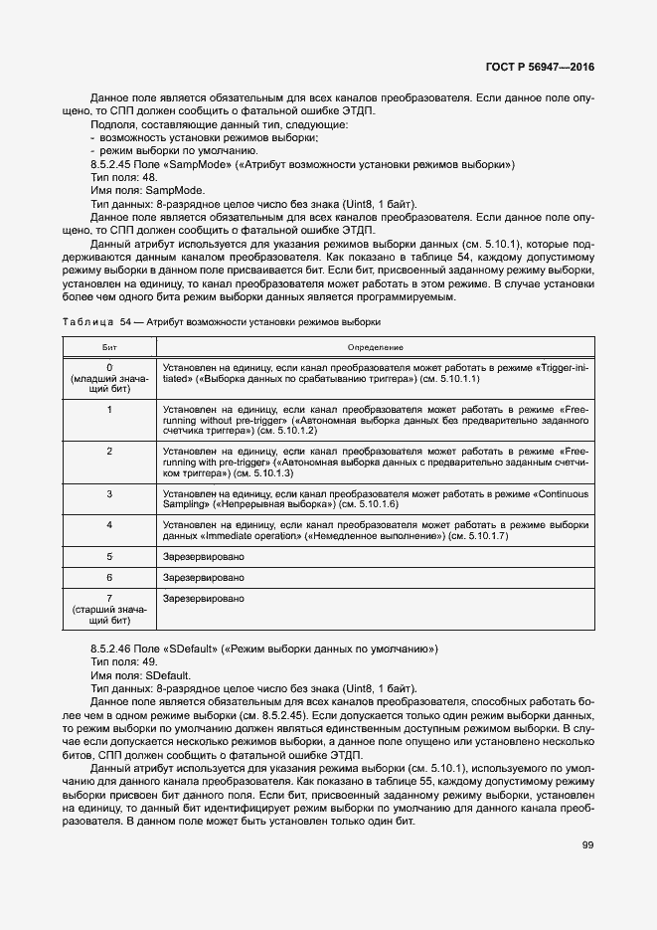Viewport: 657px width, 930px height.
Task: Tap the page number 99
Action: (x=587, y=845)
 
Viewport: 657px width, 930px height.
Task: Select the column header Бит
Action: (x=109, y=346)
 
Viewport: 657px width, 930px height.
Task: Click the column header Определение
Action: (x=375, y=346)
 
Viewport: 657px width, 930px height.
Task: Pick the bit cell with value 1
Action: (x=109, y=409)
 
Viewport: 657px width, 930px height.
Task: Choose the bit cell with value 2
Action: (x=109, y=451)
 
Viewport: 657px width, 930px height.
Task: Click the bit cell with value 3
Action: (x=109, y=493)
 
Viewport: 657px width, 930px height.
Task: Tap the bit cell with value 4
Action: (x=109, y=523)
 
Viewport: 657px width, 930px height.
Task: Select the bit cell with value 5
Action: (x=109, y=556)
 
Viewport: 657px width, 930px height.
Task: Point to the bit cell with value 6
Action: (x=109, y=577)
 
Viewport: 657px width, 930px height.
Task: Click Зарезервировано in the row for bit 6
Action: (x=204, y=577)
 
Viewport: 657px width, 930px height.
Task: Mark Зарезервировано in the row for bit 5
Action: (x=204, y=556)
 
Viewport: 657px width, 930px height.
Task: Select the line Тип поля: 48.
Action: (x=123, y=176)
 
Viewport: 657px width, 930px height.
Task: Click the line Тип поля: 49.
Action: (x=123, y=661)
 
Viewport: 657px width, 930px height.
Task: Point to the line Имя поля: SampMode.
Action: (x=147, y=189)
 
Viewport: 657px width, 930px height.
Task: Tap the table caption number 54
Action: (x=126, y=322)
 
